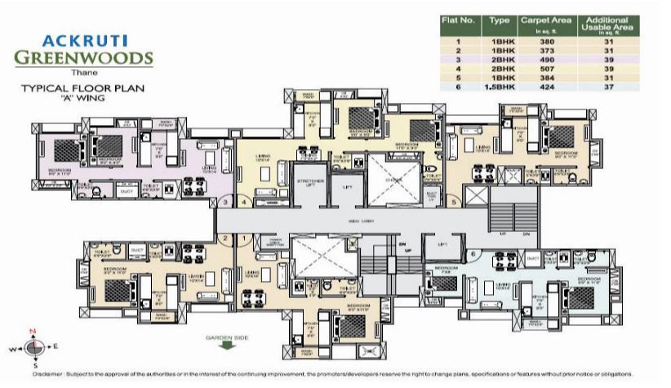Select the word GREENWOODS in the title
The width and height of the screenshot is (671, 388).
coord(84,57)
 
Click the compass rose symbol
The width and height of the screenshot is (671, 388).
coord(33,348)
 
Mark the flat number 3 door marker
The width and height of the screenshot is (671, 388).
coord(224,201)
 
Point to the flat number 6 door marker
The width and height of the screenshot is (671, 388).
coord(473,254)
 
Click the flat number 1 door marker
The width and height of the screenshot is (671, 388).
coord(244,239)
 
